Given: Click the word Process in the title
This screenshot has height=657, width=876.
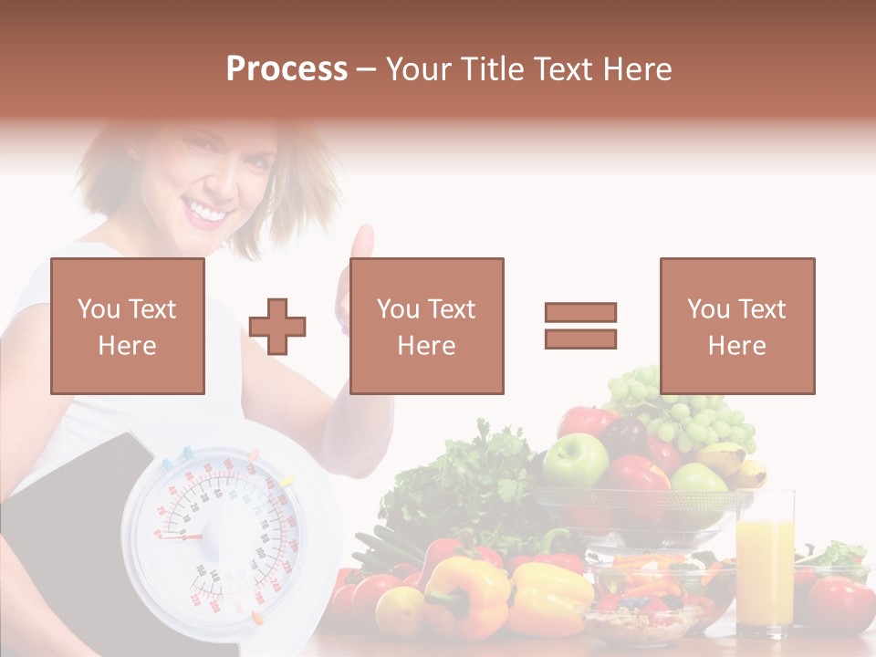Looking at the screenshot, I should click(287, 69).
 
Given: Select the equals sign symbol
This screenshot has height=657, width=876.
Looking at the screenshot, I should click(580, 326).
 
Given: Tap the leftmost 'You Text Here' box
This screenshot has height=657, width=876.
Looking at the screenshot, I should click(128, 326).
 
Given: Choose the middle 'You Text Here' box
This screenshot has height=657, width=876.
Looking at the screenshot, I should click(426, 326).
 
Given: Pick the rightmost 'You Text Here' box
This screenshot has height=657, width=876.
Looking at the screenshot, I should click(736, 326).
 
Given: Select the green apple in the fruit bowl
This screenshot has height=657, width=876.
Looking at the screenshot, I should click(575, 459).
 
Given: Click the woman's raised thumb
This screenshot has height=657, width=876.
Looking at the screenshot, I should click(363, 245).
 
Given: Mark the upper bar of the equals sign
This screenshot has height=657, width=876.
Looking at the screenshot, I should click(580, 313).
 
